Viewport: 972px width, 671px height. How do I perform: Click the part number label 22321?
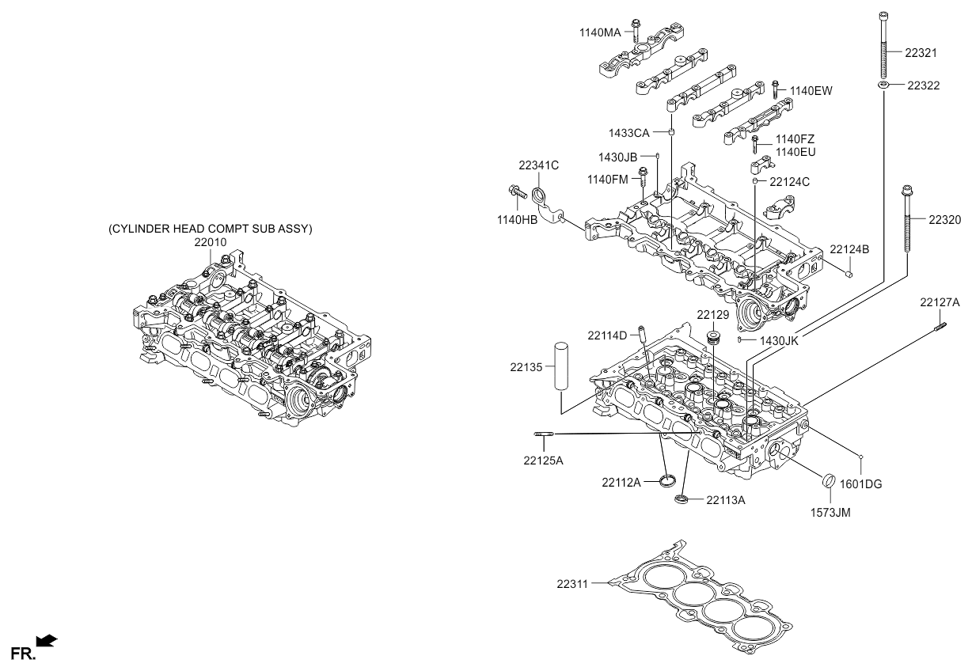pos(921,53)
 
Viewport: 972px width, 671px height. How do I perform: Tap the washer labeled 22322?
pos(883,85)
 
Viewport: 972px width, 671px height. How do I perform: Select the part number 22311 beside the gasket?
pos(572,584)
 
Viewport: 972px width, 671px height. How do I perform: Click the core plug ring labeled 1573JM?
pos(830,480)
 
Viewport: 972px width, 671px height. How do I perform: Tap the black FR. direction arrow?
pos(47,641)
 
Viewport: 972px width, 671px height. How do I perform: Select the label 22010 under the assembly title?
pos(210,242)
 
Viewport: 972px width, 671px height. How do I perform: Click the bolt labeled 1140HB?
pos(517,192)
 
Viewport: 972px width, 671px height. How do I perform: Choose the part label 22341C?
pos(538,165)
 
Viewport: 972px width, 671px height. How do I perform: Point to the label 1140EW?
pos(811,91)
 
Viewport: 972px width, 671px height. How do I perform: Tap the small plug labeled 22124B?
pos(849,274)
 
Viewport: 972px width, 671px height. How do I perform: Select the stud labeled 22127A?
pos(940,327)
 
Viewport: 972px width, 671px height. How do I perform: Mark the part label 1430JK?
pos(779,341)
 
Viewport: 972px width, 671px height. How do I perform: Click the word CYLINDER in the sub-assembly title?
pos(139,229)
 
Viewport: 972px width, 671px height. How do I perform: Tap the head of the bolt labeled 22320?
pos(907,191)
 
